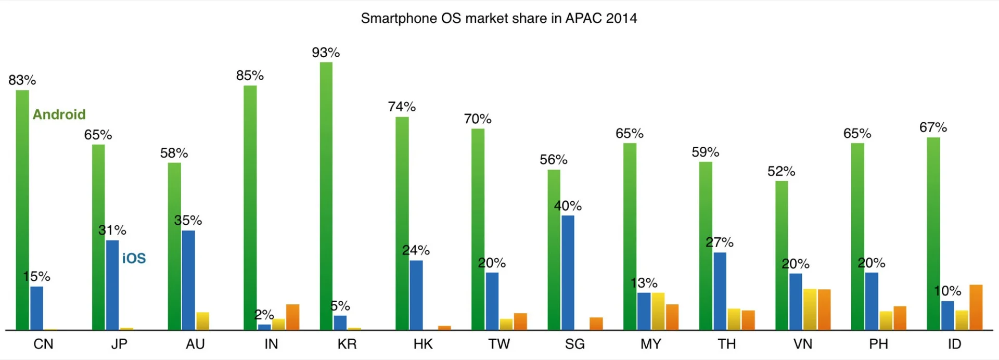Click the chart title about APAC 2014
[498, 18]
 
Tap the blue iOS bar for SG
[568, 273]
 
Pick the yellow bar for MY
[658, 311]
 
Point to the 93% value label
[326, 53]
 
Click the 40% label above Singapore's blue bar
[568, 206]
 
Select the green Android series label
[59, 114]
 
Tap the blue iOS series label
[134, 259]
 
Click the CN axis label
[43, 344]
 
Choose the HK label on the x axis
[423, 344]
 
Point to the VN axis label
[803, 344]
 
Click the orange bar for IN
[292, 317]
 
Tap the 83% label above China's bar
[22, 80]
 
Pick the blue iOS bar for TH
[720, 291]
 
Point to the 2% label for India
[264, 315]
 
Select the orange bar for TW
[520, 321]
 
